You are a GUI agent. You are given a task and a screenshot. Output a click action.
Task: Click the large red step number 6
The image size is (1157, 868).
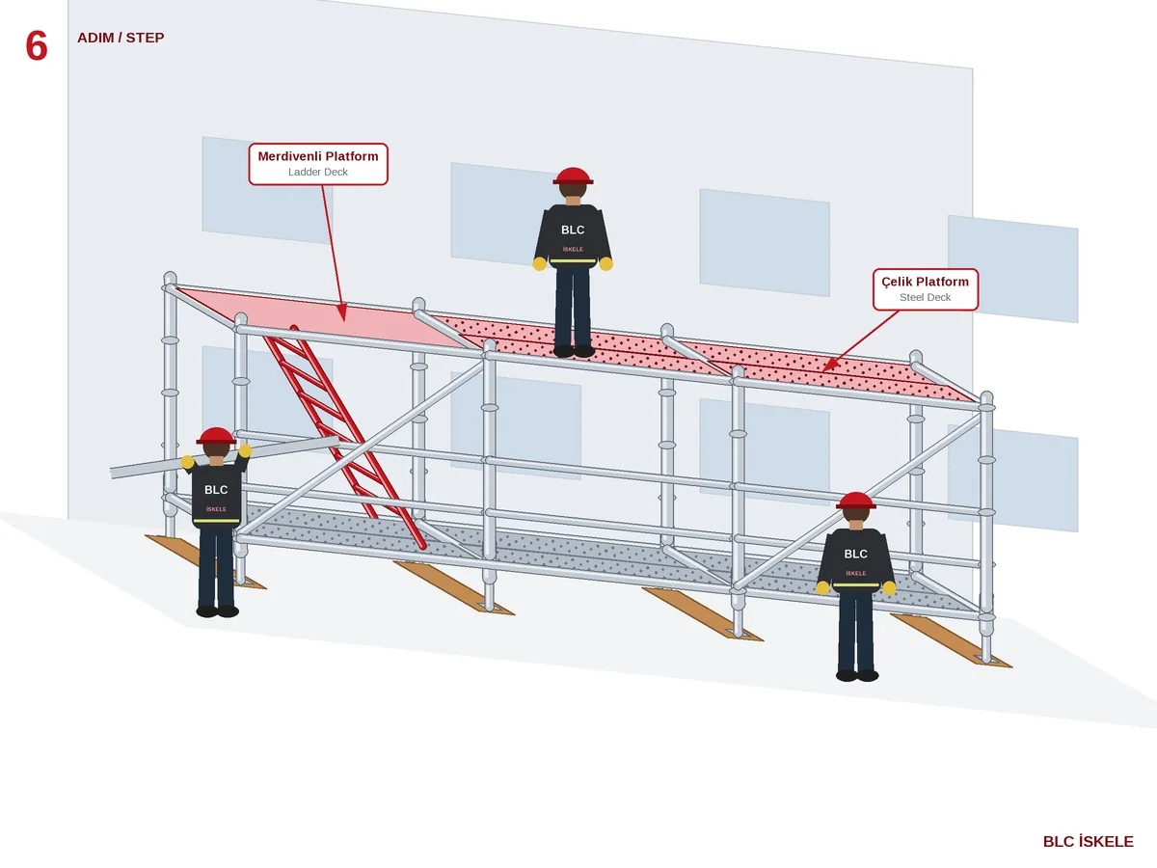click(x=37, y=46)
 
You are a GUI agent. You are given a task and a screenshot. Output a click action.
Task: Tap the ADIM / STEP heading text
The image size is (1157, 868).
click(x=121, y=38)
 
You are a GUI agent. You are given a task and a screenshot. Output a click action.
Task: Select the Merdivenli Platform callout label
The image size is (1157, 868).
click(x=318, y=164)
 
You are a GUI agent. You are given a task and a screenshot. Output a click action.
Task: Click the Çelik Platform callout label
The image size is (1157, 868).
click(x=925, y=289)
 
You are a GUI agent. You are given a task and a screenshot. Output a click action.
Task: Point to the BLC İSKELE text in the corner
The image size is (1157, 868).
click(x=1088, y=842)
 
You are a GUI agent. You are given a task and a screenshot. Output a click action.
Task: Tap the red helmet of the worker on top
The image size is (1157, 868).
click(x=573, y=176)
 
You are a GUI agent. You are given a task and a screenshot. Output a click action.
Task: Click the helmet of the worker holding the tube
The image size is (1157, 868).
click(x=216, y=436)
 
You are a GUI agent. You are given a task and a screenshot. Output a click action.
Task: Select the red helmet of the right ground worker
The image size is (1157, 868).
click(x=856, y=501)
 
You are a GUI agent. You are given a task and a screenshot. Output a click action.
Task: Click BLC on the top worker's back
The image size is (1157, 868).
click(x=573, y=230)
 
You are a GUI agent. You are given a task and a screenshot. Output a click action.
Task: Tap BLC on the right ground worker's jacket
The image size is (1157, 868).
click(x=855, y=554)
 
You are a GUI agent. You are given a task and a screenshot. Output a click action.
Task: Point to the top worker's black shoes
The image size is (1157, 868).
click(x=574, y=351)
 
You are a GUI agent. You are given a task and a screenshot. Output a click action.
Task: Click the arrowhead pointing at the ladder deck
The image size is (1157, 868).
click(x=342, y=312)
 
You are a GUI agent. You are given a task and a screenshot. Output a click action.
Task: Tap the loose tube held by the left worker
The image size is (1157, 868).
click(x=225, y=456)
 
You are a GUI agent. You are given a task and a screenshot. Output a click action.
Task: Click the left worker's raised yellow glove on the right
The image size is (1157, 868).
click(x=245, y=450)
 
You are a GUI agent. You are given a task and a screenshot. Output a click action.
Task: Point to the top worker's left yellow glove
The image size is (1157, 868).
click(x=539, y=263)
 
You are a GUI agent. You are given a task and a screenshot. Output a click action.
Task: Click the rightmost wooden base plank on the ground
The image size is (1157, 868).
click(x=951, y=639)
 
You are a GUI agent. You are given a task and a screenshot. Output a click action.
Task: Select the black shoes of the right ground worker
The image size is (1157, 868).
click(x=857, y=675)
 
